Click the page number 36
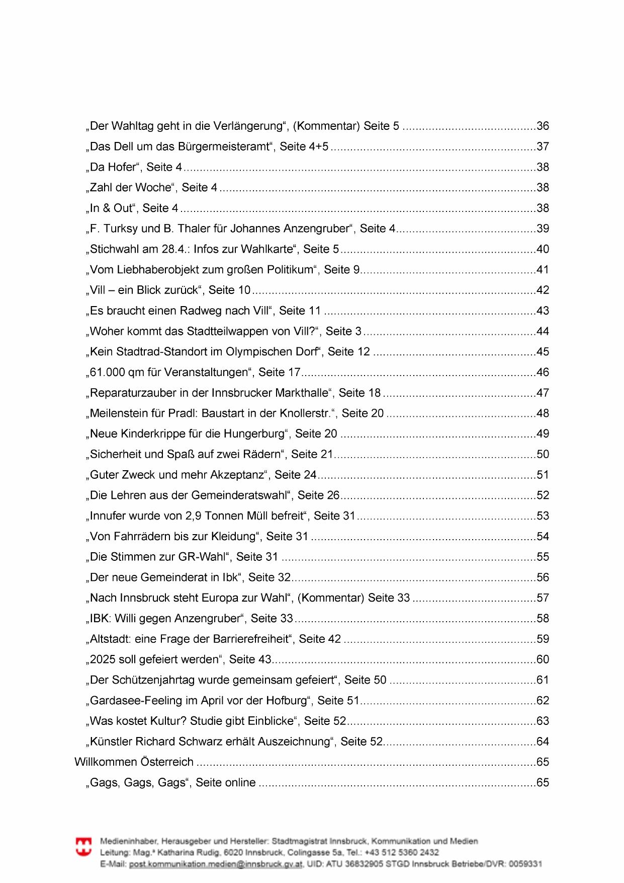(543, 126)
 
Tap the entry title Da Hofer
(113, 167)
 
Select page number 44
(543, 331)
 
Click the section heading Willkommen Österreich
(134, 762)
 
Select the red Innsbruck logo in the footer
(83, 847)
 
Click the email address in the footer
(216, 864)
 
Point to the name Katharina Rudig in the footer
(193, 852)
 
